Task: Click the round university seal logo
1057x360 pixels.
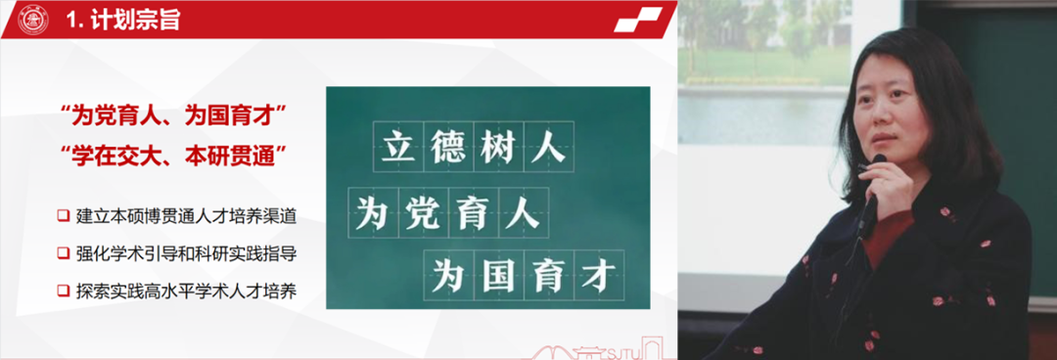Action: [32, 19]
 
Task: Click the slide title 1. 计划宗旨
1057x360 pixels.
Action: [121, 20]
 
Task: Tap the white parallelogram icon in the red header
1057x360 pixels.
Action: [638, 19]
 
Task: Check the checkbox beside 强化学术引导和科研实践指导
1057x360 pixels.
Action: [63, 252]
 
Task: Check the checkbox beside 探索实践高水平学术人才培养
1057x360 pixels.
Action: [63, 291]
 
